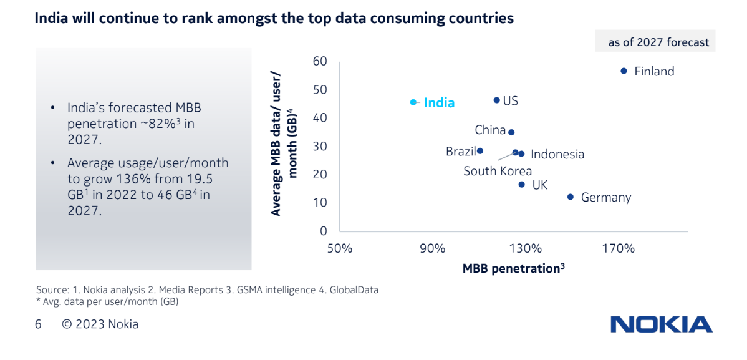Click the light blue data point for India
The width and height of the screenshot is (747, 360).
[413, 102]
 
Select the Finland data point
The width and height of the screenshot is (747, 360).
[624, 71]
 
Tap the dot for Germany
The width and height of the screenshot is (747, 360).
[570, 197]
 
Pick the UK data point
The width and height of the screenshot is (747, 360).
[521, 185]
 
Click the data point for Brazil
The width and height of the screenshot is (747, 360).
[480, 151]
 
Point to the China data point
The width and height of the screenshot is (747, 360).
[511, 132]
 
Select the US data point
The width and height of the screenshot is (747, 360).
[497, 100]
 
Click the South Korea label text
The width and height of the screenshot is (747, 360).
[498, 171]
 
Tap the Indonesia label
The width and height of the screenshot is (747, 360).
[557, 154]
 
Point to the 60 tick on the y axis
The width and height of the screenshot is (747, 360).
[320, 61]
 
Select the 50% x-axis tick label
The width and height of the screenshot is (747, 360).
[340, 248]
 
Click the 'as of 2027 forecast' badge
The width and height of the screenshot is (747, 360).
[658, 42]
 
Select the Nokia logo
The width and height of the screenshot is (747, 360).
[661, 324]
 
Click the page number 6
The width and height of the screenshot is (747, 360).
[38, 324]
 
